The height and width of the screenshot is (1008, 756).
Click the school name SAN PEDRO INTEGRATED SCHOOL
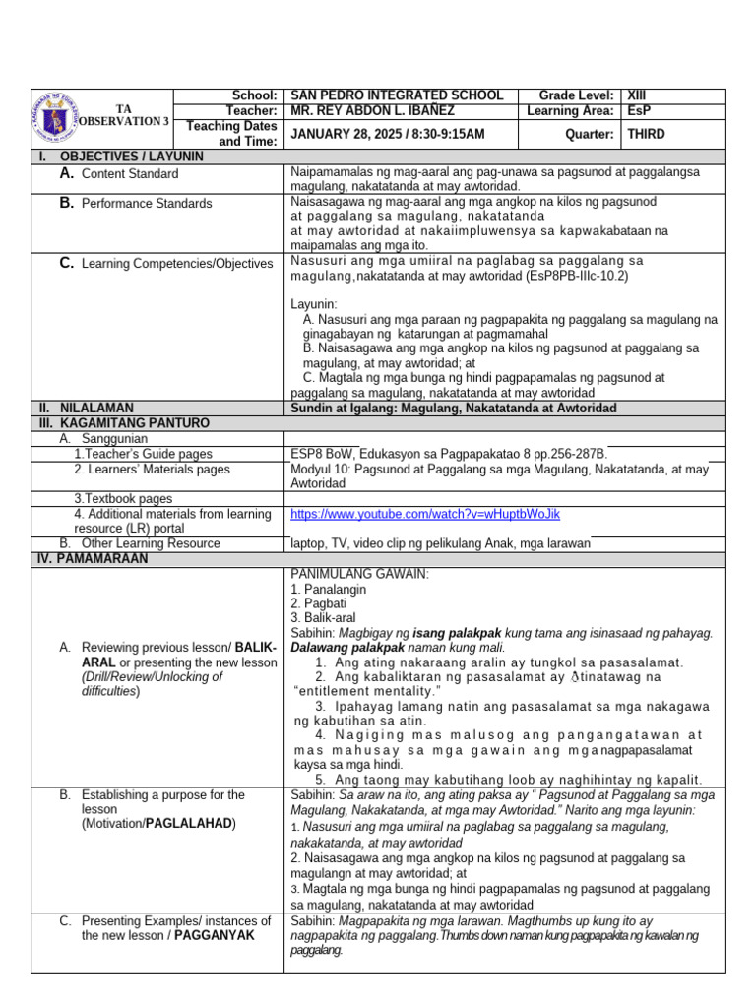pyautogui.click(x=397, y=95)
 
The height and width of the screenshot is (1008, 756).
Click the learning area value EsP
pyautogui.click(x=639, y=111)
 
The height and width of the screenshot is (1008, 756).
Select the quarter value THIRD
pyautogui.click(x=647, y=134)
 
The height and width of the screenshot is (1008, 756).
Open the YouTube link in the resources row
pyautogui.click(x=425, y=514)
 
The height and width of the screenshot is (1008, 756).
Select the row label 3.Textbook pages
pyautogui.click(x=123, y=499)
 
